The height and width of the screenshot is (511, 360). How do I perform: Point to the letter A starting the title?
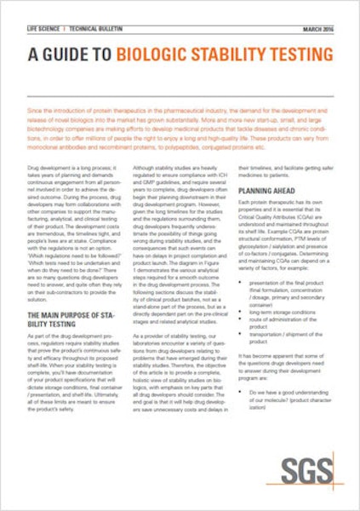coord(32,56)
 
